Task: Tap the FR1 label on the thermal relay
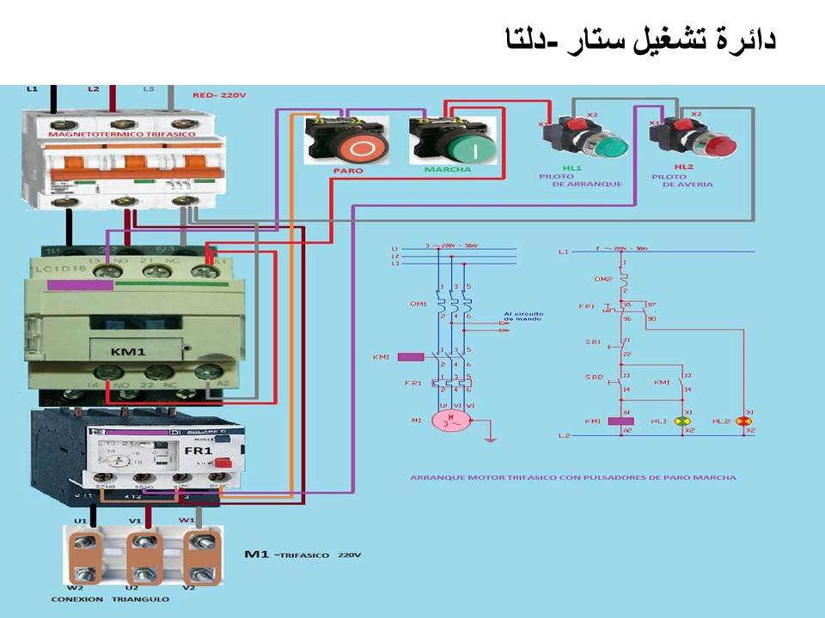[199, 451]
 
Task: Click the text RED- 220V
[219, 96]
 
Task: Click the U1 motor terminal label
[80, 521]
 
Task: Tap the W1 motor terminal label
[186, 521]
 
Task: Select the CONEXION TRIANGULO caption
[110, 598]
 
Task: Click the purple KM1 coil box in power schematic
[412, 356]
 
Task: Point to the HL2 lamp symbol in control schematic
[749, 421]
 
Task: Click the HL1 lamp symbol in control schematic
[685, 421]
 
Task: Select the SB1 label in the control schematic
[592, 342]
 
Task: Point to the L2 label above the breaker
[94, 89]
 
